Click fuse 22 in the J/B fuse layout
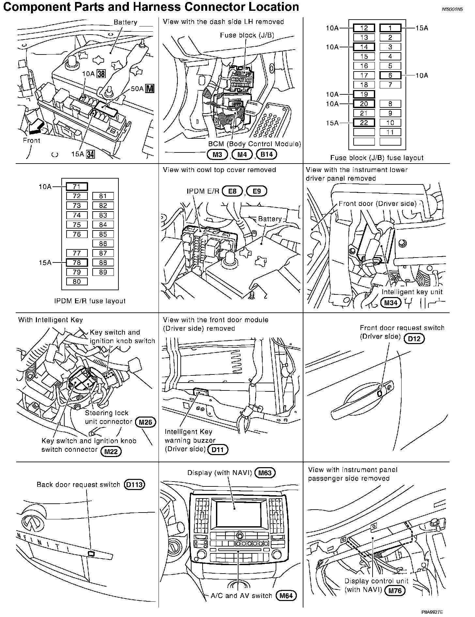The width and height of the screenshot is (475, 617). (364, 123)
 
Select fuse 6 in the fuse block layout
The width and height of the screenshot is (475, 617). (390, 75)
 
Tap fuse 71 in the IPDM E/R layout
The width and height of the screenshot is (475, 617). (77, 187)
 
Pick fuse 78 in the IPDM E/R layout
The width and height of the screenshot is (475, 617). (77, 262)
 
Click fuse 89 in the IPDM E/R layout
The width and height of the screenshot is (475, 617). (103, 272)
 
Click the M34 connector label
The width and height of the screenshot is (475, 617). (391, 303)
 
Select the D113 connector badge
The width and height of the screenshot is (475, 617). (134, 485)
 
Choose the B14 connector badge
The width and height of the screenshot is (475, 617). (267, 154)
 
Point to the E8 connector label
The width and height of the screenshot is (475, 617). (232, 191)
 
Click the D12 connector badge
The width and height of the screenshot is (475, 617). (414, 339)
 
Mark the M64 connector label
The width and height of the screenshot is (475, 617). (286, 596)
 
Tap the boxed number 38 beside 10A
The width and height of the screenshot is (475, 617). (101, 74)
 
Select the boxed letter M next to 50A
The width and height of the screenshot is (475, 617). (150, 89)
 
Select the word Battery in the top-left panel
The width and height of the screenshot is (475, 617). (125, 23)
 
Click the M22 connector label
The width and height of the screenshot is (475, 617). (111, 452)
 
